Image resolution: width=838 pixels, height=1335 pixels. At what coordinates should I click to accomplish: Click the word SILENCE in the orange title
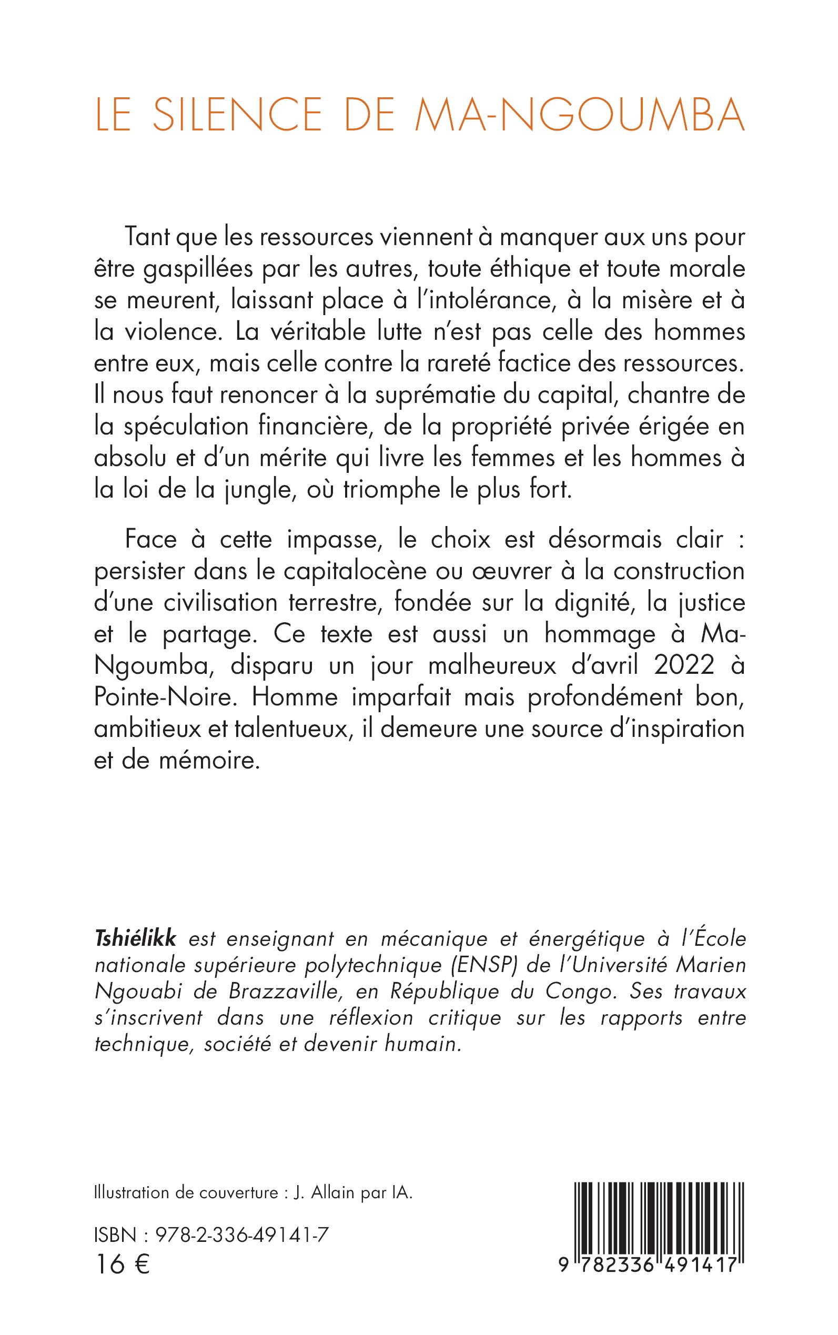(237, 115)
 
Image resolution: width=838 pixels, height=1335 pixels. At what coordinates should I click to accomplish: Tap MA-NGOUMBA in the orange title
(579, 115)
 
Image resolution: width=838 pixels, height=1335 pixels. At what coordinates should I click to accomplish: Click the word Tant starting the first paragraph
(146, 238)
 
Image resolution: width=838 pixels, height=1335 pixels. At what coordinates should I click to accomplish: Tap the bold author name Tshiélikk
(135, 939)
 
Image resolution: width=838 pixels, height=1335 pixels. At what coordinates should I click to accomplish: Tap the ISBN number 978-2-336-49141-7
(242, 1235)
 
